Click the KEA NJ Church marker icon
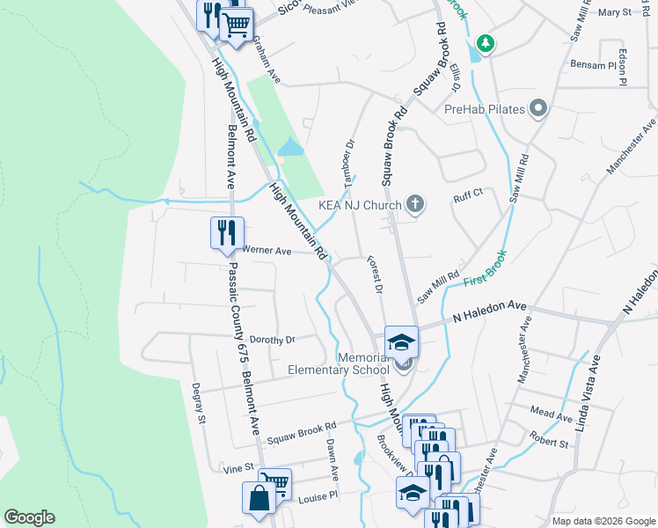(416, 205)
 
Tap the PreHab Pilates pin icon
(539, 110)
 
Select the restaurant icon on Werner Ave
(226, 233)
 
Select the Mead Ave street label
(552, 411)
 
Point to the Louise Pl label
(318, 495)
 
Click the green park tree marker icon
(484, 42)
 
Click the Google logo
(29, 517)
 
